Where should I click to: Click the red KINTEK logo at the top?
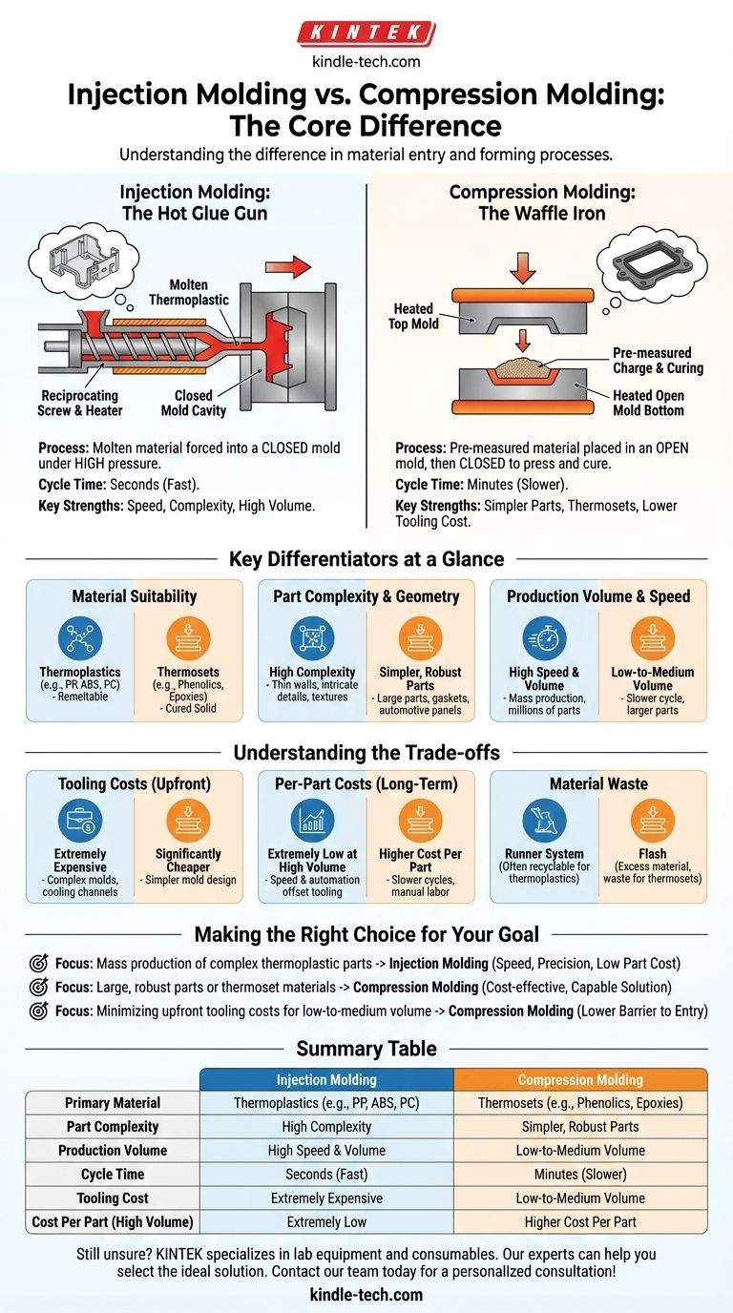(366, 33)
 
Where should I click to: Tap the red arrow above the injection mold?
(288, 267)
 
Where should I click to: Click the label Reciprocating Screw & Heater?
(80, 403)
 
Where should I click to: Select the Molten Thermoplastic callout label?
(189, 292)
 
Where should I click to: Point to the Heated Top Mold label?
(413, 316)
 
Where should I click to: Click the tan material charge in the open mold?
(523, 368)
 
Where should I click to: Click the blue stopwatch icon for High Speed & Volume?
(544, 637)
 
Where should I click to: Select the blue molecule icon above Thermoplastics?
(80, 637)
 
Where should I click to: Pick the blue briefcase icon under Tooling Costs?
(80, 820)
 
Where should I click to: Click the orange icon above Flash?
(653, 820)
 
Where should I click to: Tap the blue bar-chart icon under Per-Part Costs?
(312, 820)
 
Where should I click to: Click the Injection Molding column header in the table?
(326, 1079)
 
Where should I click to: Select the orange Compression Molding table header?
(580, 1079)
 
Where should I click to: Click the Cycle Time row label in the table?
(113, 1174)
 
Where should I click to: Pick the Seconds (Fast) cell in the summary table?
(326, 1174)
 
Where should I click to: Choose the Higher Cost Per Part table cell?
(580, 1221)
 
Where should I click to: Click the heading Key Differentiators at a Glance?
(366, 558)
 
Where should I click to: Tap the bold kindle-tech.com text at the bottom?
(366, 1294)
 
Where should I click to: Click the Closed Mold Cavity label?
(194, 403)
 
